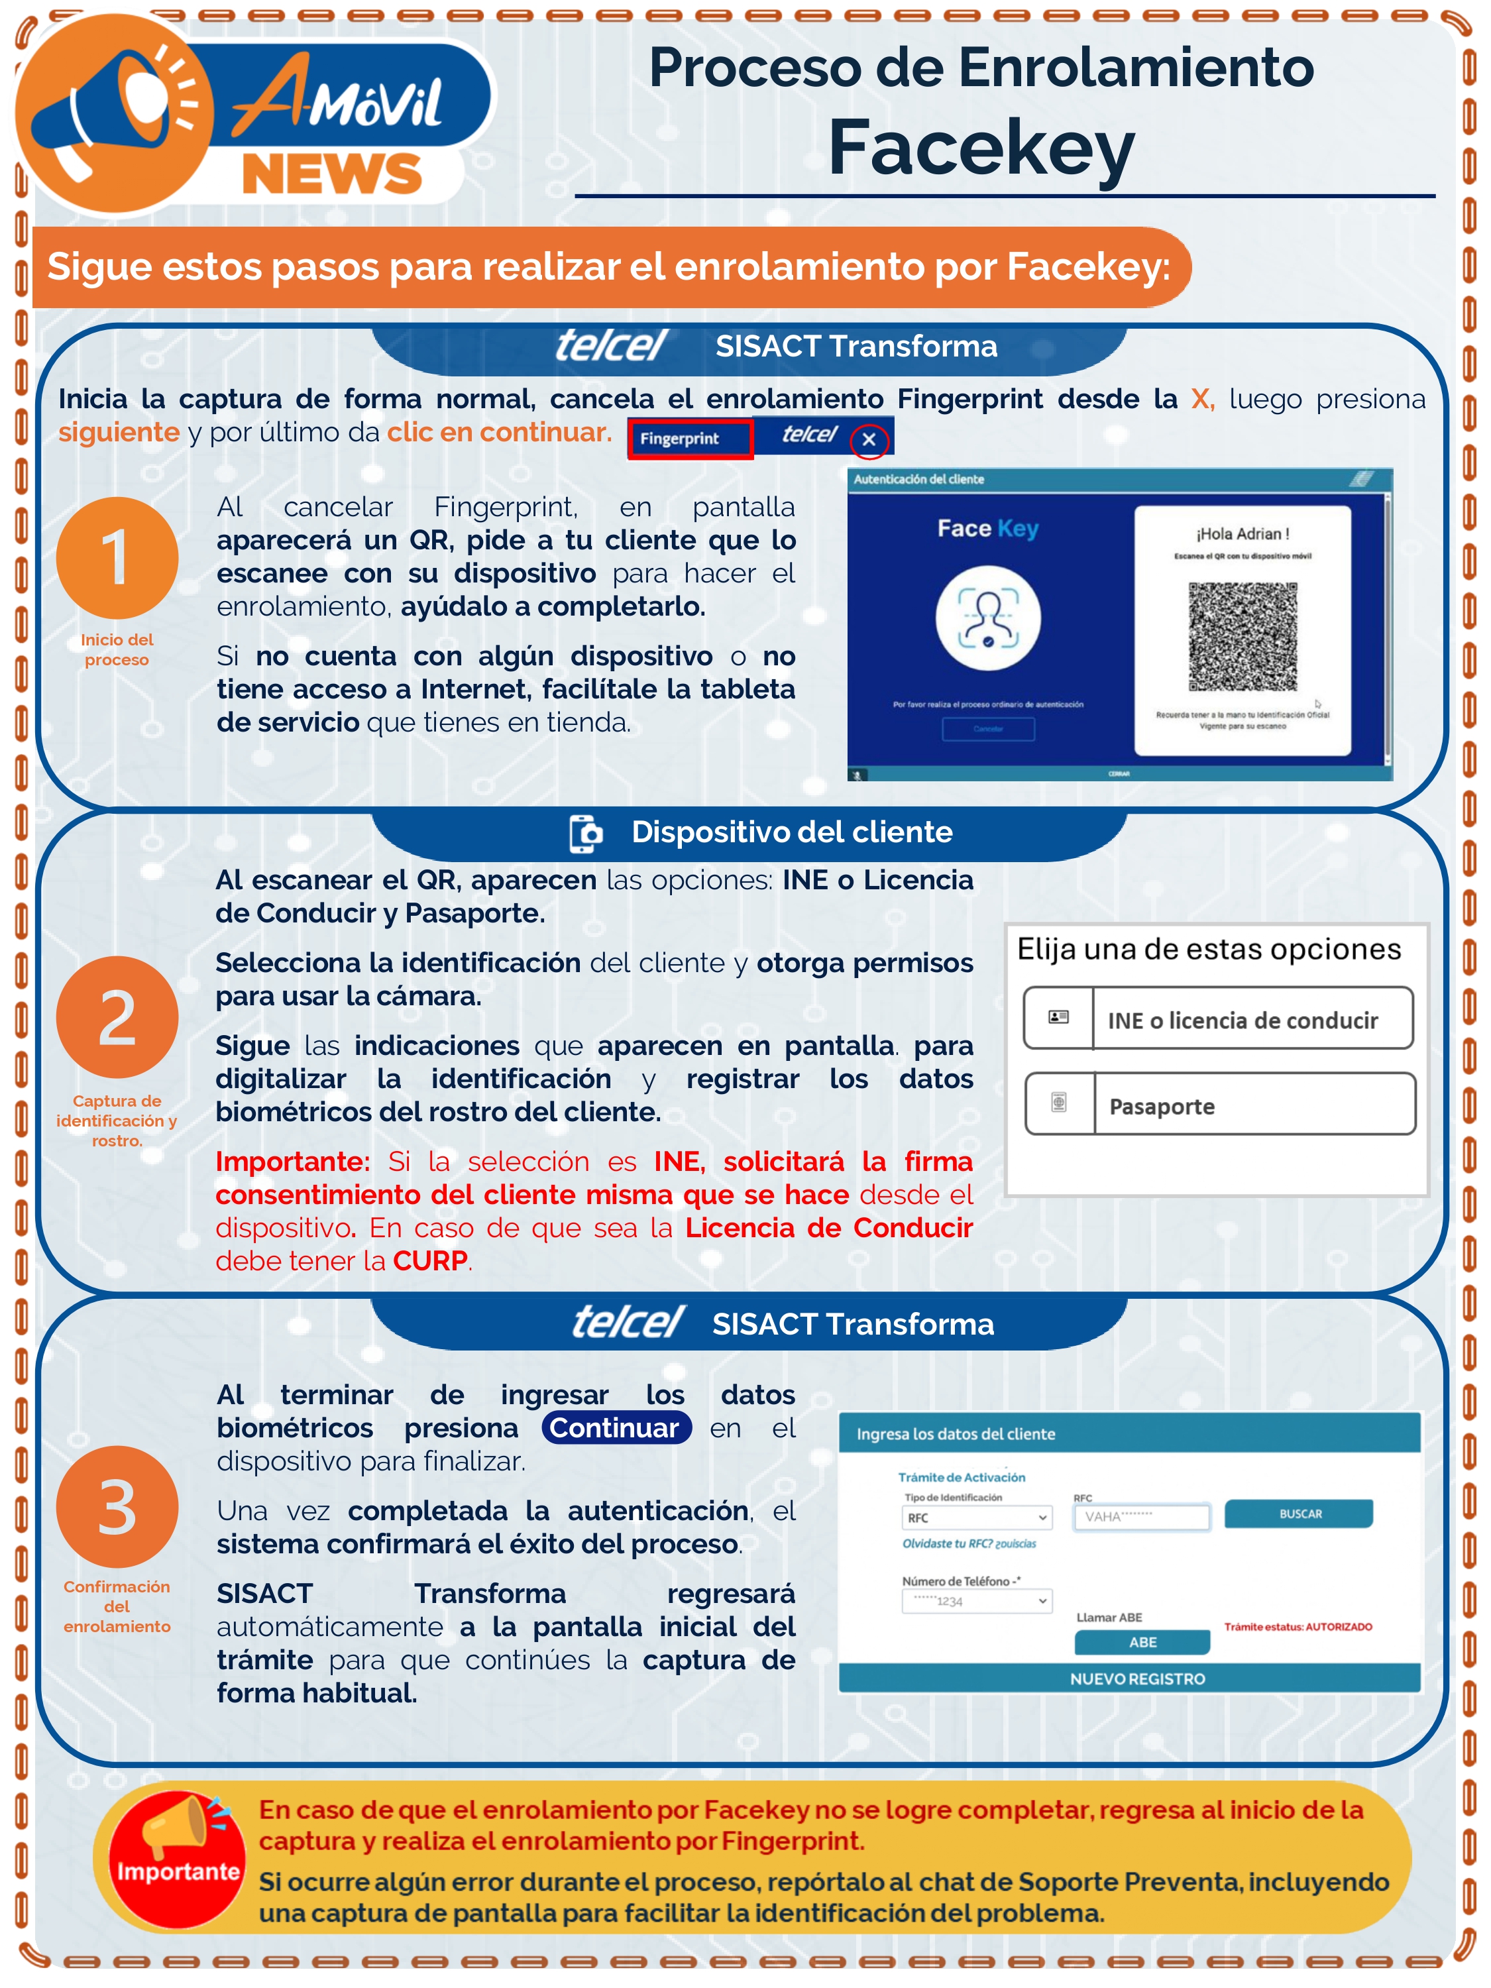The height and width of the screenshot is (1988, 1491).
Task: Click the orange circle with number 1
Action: pos(117,558)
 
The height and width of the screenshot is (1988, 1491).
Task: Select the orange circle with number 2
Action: pos(117,1017)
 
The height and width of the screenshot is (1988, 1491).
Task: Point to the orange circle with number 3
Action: pos(117,1507)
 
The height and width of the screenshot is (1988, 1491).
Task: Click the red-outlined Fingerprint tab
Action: pos(689,439)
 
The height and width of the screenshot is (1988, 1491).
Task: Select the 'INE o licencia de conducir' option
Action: pos(1218,1019)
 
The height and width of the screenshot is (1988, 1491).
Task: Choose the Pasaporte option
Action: pos(1219,1105)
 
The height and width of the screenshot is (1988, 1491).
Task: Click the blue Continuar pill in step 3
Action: pos(616,1428)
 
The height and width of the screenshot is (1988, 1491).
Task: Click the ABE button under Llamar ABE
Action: pos(1142,1642)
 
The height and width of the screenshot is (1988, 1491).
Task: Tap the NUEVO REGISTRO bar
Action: pos(1137,1679)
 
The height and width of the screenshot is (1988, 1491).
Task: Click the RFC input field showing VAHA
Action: pos(1141,1517)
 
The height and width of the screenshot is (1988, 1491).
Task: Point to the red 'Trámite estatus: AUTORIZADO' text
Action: pos(1298,1627)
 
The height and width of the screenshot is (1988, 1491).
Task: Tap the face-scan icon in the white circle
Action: pos(988,618)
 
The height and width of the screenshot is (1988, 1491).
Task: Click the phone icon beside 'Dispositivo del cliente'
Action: pos(586,833)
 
